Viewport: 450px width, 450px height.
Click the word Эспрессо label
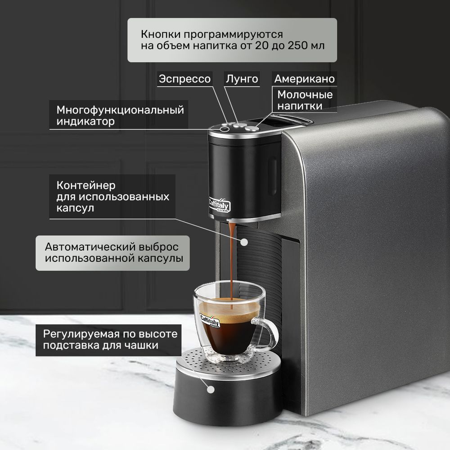[184, 79]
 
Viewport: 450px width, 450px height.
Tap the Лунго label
[242, 79]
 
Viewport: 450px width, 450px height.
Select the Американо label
[305, 79]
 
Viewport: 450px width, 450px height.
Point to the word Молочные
[305, 94]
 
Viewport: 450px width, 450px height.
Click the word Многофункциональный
[120, 110]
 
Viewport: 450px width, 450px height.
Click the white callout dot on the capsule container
[244, 242]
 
